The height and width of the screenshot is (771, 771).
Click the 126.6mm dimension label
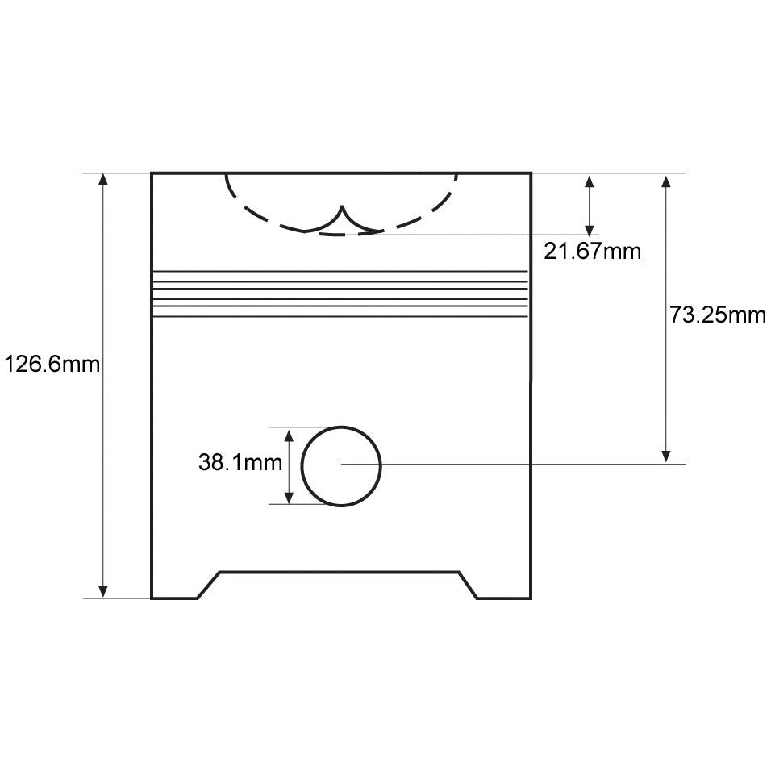coord(52,365)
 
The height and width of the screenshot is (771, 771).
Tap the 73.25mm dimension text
coord(718,315)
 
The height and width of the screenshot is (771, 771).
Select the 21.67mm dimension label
coord(592,252)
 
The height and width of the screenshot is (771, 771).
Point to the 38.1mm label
coord(240,462)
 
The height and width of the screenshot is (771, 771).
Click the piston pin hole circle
coord(302,465)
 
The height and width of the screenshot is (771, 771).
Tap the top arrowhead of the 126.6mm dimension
coord(102,179)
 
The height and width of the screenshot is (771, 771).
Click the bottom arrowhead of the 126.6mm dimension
coord(102,591)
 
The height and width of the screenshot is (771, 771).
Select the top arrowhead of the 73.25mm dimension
coord(666,181)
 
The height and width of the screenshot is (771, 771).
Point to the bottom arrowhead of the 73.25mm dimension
coord(666,456)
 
